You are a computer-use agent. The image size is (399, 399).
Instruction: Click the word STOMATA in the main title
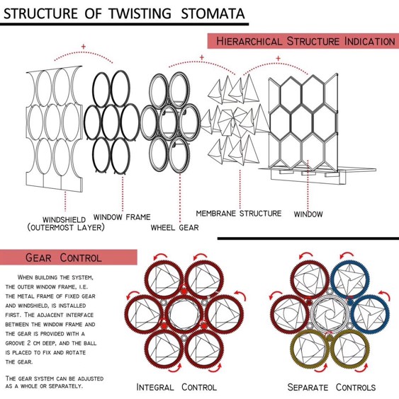[213, 13]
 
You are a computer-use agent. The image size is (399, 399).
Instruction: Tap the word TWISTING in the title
[140, 13]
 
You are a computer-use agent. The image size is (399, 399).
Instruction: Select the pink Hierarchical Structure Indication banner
[303, 41]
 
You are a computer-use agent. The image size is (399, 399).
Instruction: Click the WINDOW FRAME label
[122, 217]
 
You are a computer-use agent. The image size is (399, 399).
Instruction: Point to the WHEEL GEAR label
[174, 227]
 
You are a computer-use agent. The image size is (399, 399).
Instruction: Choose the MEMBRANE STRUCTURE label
[239, 213]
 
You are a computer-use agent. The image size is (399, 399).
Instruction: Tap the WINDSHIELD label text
[64, 219]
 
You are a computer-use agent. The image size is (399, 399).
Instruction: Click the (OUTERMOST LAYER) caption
[66, 227]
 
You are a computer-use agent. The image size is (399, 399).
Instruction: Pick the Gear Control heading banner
[69, 258]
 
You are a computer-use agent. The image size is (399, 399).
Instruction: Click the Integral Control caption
[176, 387]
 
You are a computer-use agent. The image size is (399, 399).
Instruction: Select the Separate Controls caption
[332, 387]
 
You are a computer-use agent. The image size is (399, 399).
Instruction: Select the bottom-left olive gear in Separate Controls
[293, 349]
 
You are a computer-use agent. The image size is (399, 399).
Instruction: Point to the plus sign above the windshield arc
[84, 47]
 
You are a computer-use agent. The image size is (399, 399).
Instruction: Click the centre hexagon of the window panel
[302, 123]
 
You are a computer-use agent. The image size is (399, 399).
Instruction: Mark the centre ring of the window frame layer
[103, 122]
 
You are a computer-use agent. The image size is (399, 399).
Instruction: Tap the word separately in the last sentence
[65, 386]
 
